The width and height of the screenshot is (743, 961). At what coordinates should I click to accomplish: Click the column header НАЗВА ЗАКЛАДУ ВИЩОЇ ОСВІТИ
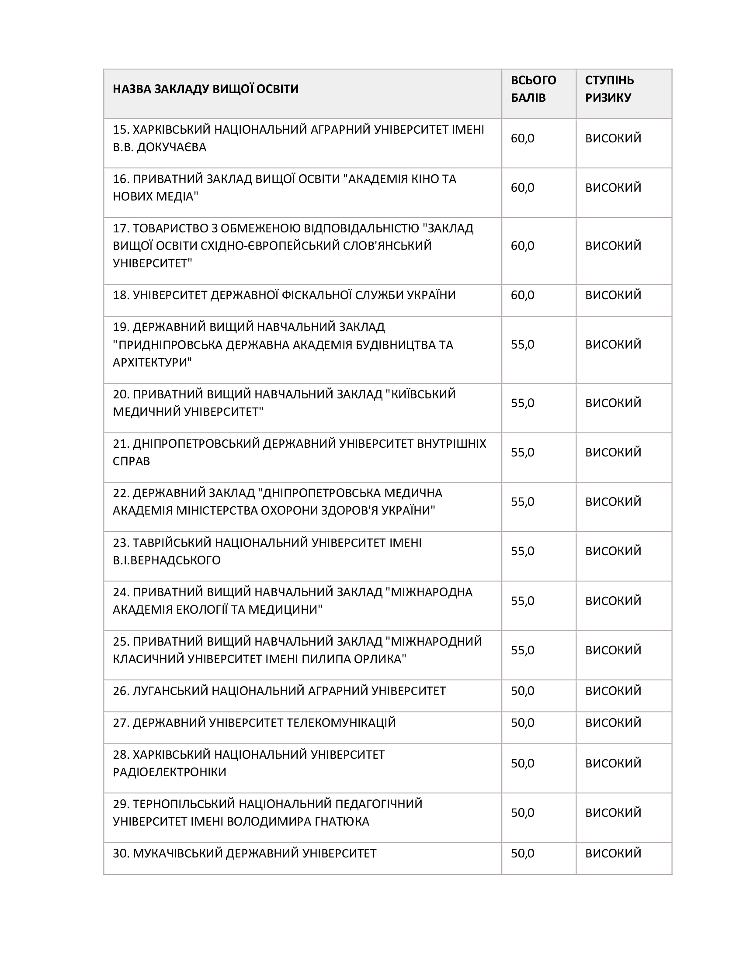(x=205, y=89)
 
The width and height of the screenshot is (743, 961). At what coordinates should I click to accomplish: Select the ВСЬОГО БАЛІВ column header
(x=533, y=89)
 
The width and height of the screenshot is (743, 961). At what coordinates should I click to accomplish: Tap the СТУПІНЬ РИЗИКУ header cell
(x=609, y=89)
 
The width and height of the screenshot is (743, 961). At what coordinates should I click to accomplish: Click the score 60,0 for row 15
(x=522, y=138)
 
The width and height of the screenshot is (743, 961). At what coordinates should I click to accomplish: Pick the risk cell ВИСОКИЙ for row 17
(x=613, y=245)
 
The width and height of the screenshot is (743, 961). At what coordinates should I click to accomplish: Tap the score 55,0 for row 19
(x=522, y=345)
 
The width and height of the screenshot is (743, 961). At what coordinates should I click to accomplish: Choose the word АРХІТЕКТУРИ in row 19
(x=152, y=363)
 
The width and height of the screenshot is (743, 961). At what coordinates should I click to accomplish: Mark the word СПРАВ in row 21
(x=131, y=461)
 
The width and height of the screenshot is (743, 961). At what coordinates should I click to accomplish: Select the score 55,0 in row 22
(x=522, y=501)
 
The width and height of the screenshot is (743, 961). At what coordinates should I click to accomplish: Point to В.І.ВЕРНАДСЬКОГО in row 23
(x=167, y=560)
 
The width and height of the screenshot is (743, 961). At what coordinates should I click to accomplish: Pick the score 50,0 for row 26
(x=522, y=691)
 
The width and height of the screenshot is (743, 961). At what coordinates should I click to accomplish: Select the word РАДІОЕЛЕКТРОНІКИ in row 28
(x=170, y=772)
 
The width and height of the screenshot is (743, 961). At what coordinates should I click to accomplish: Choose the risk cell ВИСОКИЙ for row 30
(x=613, y=854)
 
